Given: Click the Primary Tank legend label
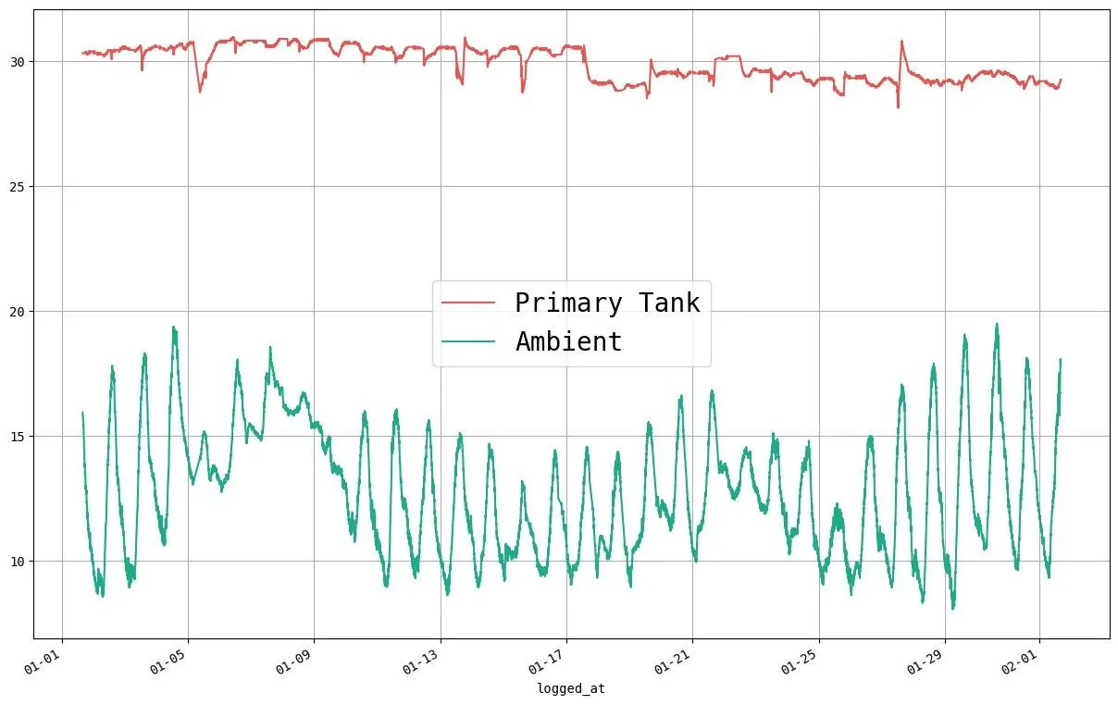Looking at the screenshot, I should (x=607, y=303).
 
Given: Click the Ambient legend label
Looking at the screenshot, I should (x=568, y=341).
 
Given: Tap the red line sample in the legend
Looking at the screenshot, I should (x=468, y=303).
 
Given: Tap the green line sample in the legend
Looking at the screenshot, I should (x=468, y=341).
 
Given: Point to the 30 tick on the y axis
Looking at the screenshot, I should (x=19, y=62).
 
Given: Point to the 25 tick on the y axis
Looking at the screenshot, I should (x=19, y=187).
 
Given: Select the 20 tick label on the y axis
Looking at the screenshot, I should (x=19, y=312).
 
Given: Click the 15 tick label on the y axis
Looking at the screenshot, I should (x=19, y=437).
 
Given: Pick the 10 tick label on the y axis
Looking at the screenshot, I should (x=19, y=562).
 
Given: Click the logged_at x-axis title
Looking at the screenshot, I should (x=571, y=689).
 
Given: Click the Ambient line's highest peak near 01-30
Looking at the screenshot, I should (x=997, y=324).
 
